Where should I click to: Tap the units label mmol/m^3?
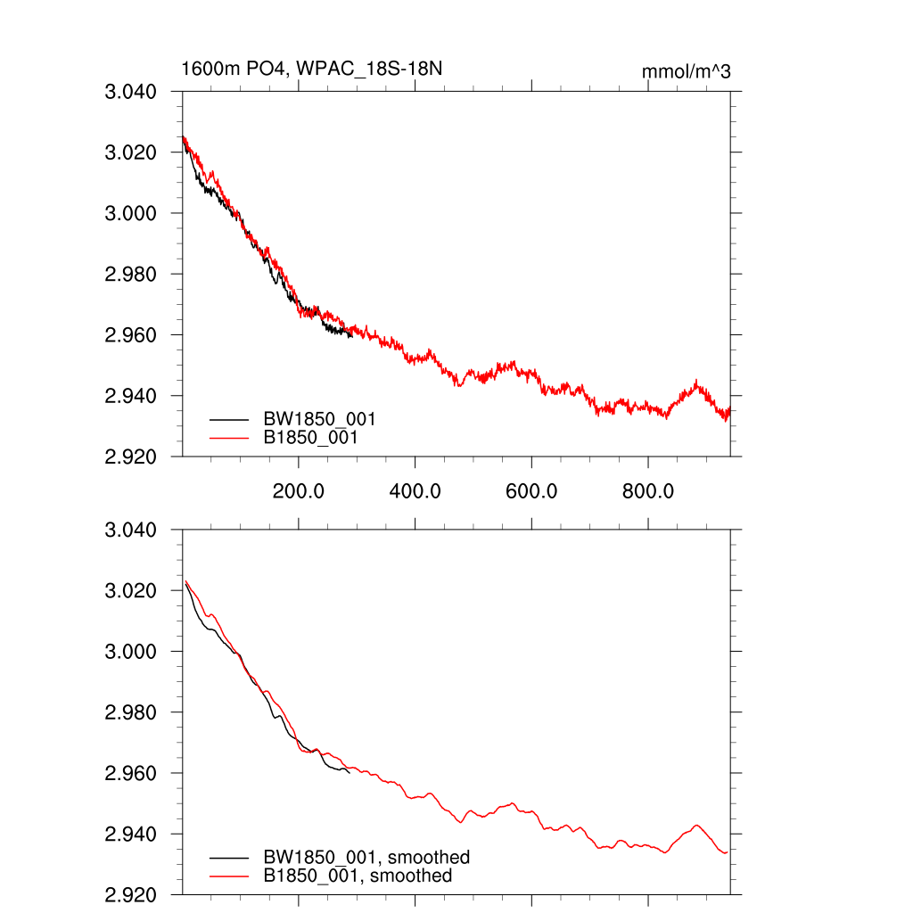686,71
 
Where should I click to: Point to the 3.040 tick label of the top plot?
131,92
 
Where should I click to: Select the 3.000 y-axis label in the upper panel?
131,214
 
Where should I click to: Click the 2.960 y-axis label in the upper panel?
131,335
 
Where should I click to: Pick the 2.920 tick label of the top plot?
131,456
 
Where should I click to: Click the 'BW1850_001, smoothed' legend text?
366,857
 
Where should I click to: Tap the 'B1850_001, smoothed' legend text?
358,876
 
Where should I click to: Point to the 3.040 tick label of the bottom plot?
131,531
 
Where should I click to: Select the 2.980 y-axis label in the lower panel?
131,712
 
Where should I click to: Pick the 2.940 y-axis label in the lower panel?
131,835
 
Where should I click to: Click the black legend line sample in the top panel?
228,418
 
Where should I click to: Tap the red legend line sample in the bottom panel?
228,876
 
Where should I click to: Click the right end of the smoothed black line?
349,773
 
